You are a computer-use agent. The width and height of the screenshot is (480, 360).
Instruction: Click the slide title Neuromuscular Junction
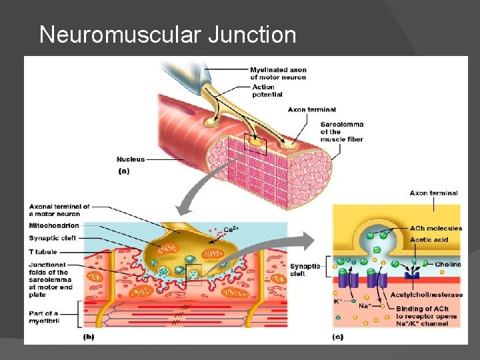click(x=167, y=34)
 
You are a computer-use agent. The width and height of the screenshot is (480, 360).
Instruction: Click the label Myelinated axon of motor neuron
click(x=278, y=73)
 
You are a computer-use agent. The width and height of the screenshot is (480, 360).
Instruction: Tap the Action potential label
click(x=267, y=91)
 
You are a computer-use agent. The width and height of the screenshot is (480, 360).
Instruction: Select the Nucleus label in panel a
click(x=131, y=159)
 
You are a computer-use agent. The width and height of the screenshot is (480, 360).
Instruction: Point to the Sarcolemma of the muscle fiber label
click(x=342, y=131)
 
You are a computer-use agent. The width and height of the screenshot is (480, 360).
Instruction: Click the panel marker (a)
click(x=124, y=171)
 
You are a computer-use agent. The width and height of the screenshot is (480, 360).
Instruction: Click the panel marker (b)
click(x=89, y=337)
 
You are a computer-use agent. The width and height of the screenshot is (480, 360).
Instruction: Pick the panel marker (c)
click(x=338, y=337)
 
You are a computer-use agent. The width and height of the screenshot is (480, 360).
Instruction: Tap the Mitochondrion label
click(x=53, y=226)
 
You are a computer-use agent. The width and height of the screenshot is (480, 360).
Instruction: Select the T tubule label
click(x=43, y=252)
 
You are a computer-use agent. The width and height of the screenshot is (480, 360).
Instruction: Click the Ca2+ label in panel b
click(x=231, y=229)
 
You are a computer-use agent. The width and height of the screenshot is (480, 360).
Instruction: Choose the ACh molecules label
click(x=436, y=229)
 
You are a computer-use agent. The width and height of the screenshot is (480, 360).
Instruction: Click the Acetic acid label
click(x=429, y=239)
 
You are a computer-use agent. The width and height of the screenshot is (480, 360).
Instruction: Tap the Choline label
click(x=447, y=265)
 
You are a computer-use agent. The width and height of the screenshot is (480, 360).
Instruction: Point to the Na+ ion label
click(x=364, y=306)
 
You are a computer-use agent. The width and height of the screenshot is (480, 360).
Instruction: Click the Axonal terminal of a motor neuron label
click(x=59, y=210)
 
